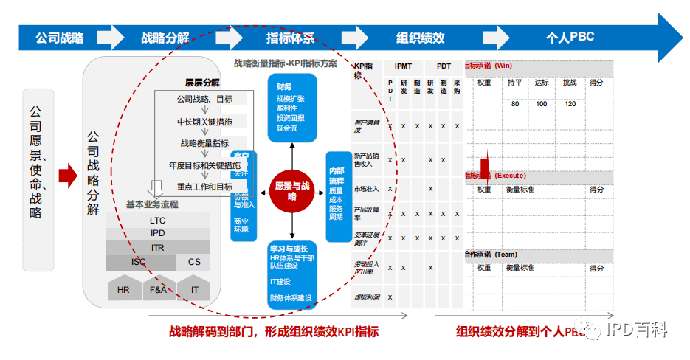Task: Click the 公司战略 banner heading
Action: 60,38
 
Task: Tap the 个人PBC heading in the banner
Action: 570,38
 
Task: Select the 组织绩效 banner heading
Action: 420,38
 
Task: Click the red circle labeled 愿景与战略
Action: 291,191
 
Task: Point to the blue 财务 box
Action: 292,108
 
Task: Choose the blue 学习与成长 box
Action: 292,274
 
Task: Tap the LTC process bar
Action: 158,220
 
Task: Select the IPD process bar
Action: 158,233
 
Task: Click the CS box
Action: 193,262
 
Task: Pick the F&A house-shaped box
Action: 159,289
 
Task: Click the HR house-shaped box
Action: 123,289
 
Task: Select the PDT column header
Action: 444,66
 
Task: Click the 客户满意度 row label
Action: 366,126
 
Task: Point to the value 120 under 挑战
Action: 570,104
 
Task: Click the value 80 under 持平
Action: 514,104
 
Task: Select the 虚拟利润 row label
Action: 366,297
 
